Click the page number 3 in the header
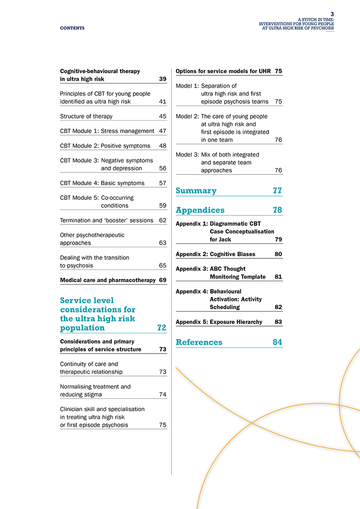332,14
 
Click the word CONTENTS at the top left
72,28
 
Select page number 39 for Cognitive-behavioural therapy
162,79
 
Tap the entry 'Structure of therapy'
86,116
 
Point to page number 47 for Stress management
162,131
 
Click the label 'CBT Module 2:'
80,146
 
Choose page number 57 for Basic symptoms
162,183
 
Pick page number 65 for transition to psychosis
162,266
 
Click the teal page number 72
161,328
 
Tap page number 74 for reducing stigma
162,395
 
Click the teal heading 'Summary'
196,191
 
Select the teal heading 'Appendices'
200,210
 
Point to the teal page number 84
277,343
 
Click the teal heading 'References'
199,343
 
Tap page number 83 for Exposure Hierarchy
278,322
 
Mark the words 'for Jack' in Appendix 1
220,240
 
